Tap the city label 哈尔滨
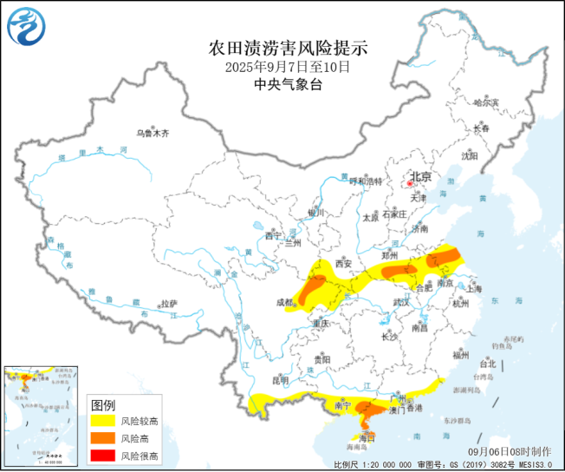pos(486,102)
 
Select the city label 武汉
pos(401,303)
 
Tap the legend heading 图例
pos(103,404)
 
